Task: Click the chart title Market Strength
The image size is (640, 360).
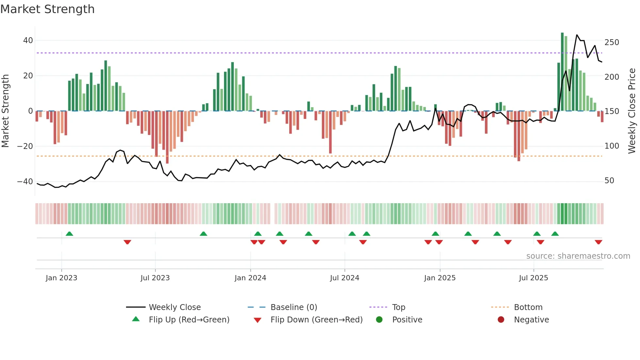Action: (x=47, y=9)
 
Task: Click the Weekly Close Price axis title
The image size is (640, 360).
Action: (x=632, y=111)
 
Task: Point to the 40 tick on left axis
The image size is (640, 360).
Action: (x=28, y=41)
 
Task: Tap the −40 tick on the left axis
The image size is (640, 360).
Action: (x=25, y=182)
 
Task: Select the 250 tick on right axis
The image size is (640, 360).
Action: (x=612, y=42)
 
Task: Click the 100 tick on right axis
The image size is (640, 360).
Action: (x=612, y=146)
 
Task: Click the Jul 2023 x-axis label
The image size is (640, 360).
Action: (x=155, y=278)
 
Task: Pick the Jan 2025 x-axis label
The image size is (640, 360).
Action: (x=440, y=278)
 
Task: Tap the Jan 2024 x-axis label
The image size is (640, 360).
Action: (x=250, y=278)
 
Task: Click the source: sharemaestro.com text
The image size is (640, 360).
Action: (x=578, y=256)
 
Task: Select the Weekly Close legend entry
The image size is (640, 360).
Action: (x=174, y=307)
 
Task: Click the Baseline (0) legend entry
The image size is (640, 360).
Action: (x=294, y=307)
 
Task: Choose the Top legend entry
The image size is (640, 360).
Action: (x=398, y=307)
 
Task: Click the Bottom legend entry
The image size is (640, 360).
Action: (x=528, y=307)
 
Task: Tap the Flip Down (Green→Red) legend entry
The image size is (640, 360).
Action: (x=316, y=320)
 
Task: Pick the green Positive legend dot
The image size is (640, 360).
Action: (x=379, y=320)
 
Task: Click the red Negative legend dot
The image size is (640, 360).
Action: (x=501, y=320)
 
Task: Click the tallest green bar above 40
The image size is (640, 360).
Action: (x=562, y=72)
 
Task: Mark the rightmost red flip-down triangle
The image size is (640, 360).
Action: (x=598, y=242)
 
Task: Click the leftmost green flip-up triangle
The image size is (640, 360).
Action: (x=69, y=234)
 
